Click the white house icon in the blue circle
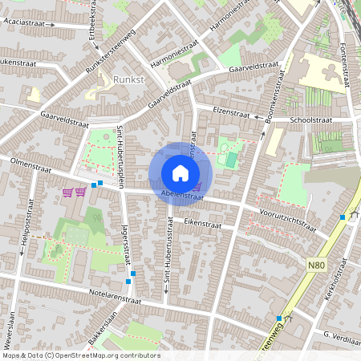coord(180,172)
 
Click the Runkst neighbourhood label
coord(128,80)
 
